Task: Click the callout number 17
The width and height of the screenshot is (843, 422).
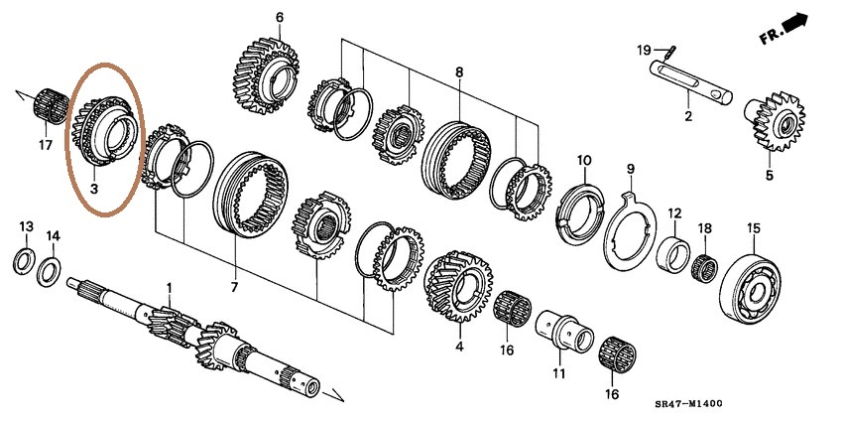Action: click(44, 146)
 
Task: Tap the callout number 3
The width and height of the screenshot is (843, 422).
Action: click(95, 187)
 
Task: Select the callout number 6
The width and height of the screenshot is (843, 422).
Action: click(279, 17)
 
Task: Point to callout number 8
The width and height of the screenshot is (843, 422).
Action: click(459, 72)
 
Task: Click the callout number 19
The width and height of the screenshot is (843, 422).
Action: click(643, 50)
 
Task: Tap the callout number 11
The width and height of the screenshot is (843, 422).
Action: click(558, 373)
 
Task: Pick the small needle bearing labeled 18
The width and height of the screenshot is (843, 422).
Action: click(705, 267)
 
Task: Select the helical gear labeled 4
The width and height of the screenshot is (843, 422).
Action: click(456, 287)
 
